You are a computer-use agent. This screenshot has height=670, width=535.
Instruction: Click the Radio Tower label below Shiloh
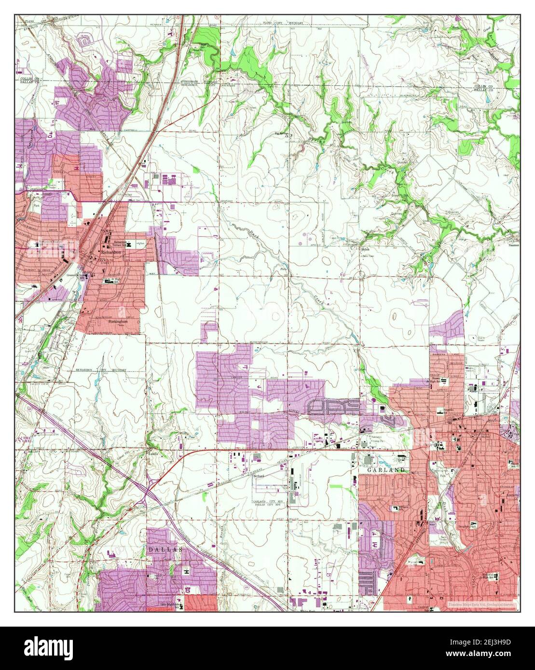pyautogui.click(x=368, y=255)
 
